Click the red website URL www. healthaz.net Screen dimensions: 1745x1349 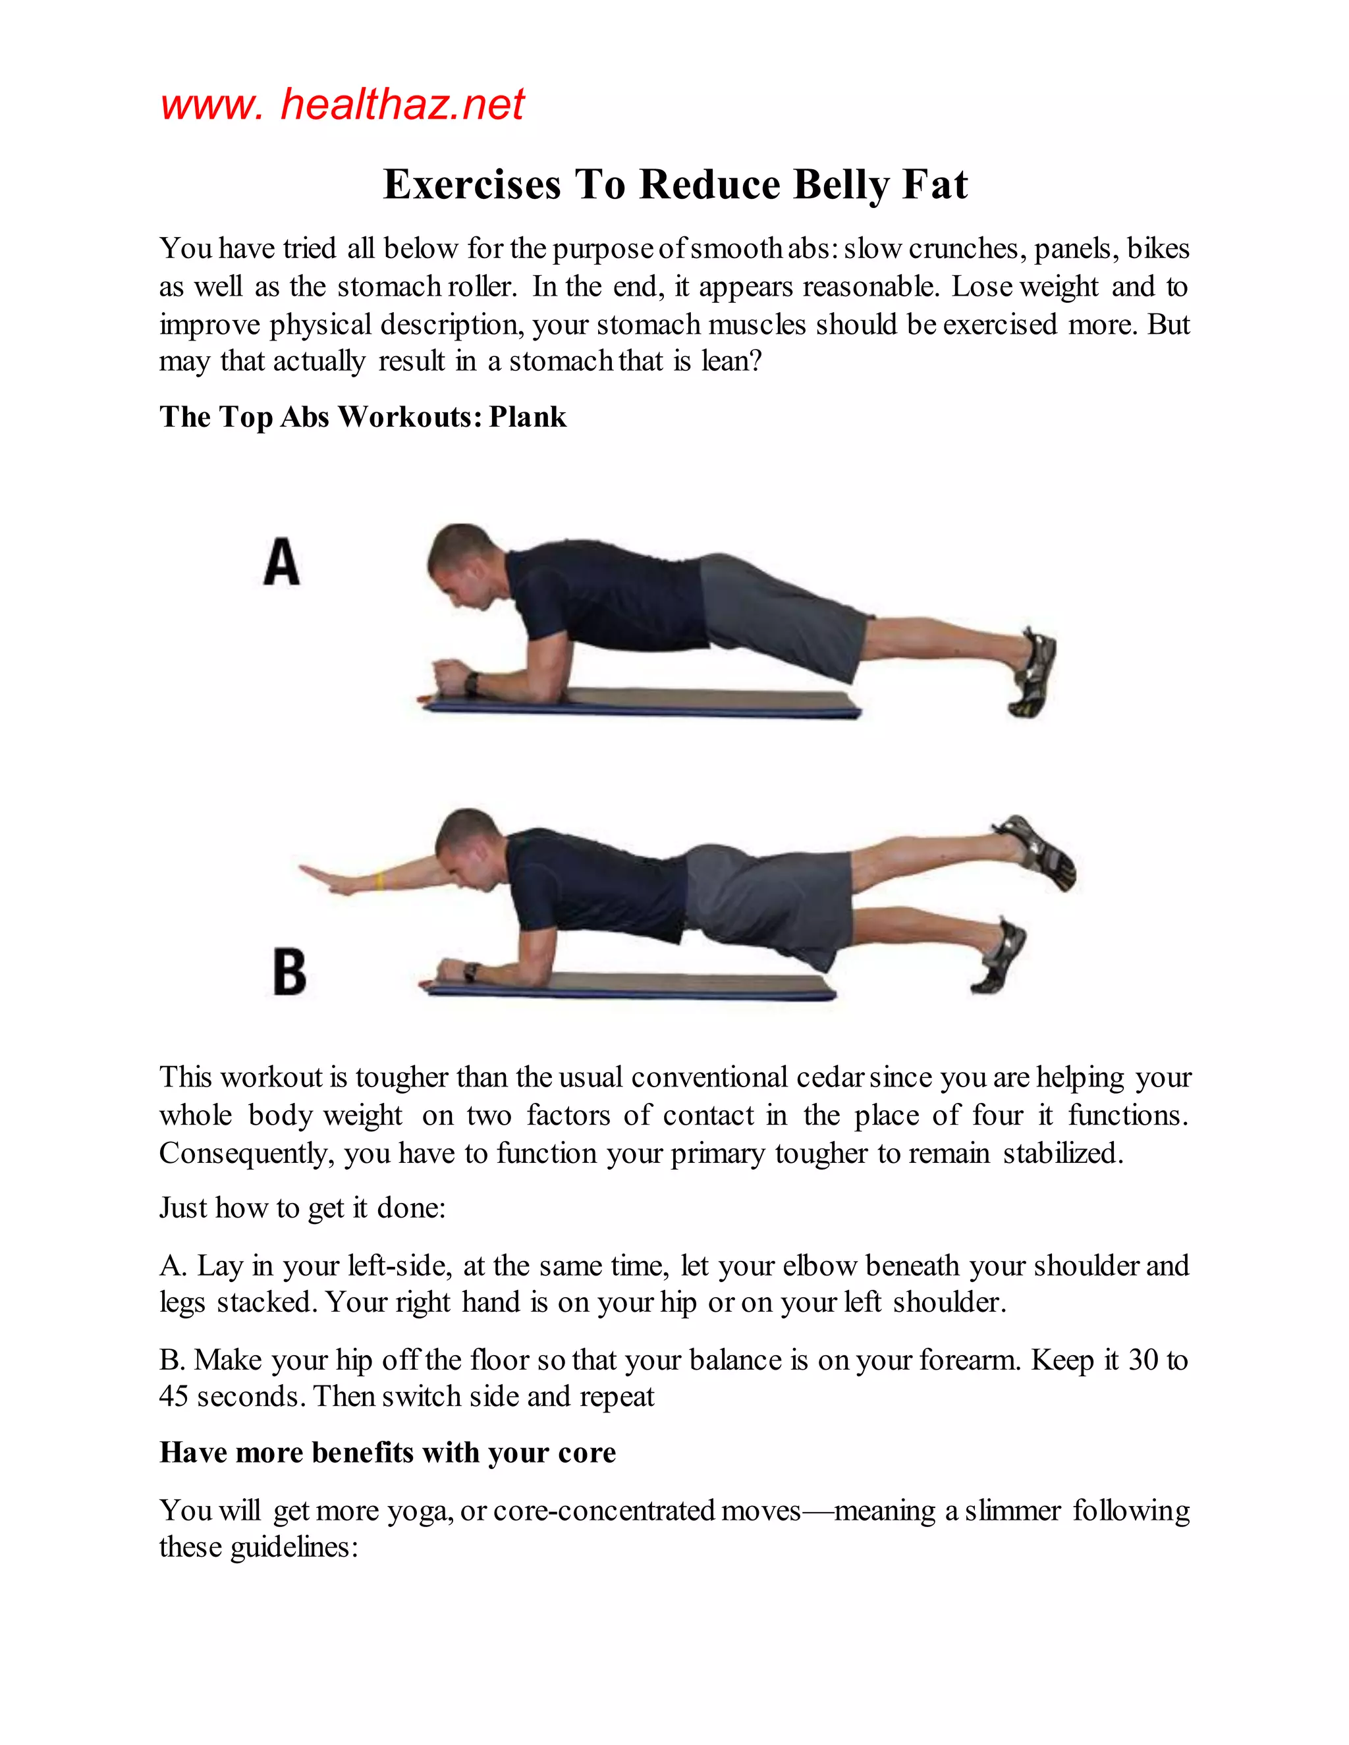click(x=342, y=105)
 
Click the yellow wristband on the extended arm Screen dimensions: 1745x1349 click(x=379, y=880)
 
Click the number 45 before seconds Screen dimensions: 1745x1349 click(x=173, y=1396)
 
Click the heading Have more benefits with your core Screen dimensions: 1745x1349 click(x=387, y=1453)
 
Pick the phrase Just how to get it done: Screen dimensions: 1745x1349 click(x=302, y=1207)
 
